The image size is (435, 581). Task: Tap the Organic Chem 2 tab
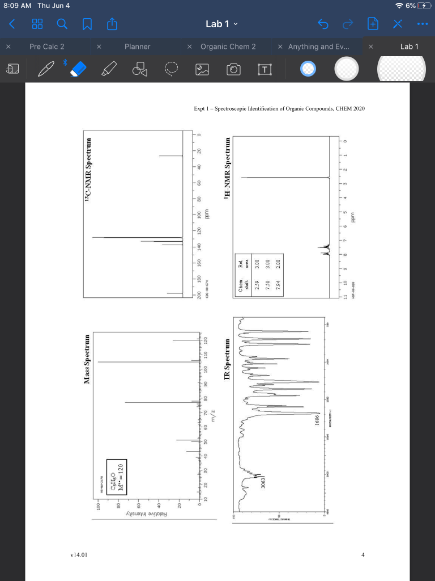228,47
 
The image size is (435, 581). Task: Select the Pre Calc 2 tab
46,47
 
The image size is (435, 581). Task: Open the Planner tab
137,47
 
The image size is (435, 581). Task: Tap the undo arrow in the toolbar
323,24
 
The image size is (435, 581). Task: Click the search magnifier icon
63,24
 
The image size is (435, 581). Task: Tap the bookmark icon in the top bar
87,24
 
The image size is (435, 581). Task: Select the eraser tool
79,69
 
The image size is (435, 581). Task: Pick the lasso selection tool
171,69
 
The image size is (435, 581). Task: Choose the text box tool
264,69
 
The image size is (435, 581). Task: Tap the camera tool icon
233,69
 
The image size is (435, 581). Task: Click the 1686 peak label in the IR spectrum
318,421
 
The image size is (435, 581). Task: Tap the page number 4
362,554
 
